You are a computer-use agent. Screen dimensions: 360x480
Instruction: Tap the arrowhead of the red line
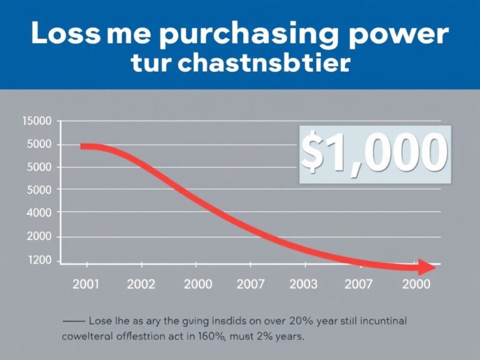tap(428, 267)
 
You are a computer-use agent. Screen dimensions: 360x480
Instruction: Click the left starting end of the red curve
tap(83, 146)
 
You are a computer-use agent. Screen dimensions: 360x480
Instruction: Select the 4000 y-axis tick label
tap(39, 212)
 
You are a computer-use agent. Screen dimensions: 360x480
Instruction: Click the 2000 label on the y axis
tap(39, 237)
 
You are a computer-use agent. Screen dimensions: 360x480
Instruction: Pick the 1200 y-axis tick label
tap(39, 261)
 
